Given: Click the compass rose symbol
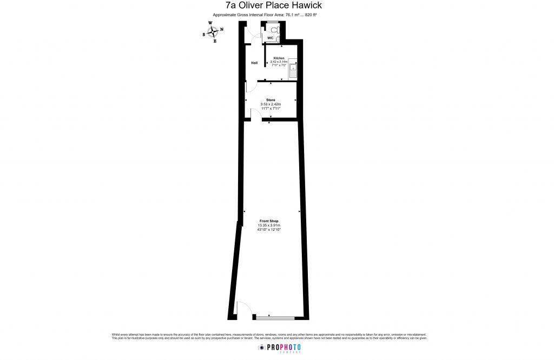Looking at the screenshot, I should coord(212,31).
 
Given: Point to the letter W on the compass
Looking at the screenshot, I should coord(210,23).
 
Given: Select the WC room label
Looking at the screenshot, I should coord(270,38).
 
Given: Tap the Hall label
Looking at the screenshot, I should coord(254,63).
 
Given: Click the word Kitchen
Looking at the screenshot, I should coord(279,58).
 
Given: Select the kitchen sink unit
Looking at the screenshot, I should coord(293,70).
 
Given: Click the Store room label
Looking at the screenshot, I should coord(271,100).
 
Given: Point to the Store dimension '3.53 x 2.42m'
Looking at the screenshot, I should coord(271,104).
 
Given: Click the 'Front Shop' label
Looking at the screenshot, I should coord(269,221).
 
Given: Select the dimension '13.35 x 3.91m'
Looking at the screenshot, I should coord(269,225).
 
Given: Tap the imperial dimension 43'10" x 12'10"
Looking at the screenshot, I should coord(269,230).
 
